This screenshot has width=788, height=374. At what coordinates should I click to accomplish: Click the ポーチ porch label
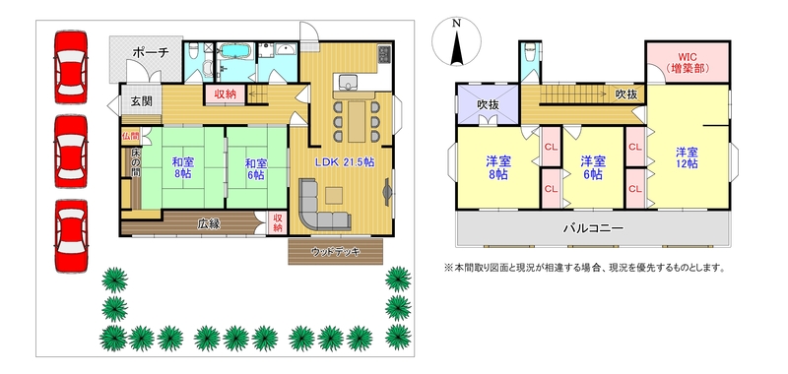(x=150, y=53)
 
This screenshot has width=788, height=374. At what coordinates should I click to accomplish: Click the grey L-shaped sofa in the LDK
(x=319, y=207)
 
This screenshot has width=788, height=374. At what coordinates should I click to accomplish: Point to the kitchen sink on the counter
(x=347, y=82)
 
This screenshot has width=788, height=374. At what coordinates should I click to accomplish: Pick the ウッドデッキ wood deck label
(x=335, y=252)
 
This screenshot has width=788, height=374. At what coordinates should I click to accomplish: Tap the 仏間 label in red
(x=130, y=136)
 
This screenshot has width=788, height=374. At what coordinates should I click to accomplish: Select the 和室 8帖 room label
(x=183, y=168)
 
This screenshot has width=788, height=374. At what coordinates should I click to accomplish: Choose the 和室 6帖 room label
(x=256, y=169)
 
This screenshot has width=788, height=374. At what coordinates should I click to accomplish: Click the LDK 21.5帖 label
(x=345, y=162)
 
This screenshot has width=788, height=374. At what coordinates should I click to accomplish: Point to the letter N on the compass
(x=456, y=23)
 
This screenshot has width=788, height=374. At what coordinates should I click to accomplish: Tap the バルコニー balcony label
(x=593, y=228)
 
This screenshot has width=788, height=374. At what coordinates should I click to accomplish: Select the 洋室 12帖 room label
(x=687, y=157)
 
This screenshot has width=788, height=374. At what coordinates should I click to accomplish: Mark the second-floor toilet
(x=530, y=51)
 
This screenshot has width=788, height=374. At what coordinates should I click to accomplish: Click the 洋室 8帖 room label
(x=498, y=167)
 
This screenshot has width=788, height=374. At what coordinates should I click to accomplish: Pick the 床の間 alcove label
(x=136, y=162)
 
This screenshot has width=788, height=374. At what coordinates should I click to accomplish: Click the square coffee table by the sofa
(x=334, y=195)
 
